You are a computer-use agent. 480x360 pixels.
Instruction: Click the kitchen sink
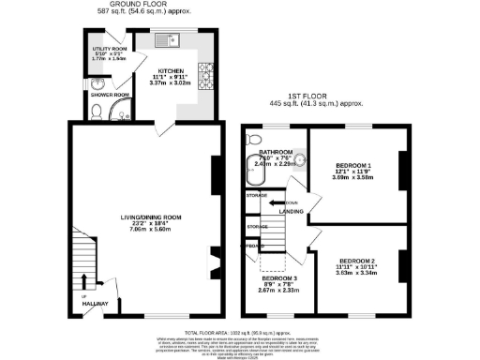[167, 39]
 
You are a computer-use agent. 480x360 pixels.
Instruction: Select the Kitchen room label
[172, 70]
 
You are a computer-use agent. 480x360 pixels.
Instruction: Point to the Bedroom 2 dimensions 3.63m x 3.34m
[357, 273]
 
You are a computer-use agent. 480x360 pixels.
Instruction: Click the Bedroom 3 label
[279, 278]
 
